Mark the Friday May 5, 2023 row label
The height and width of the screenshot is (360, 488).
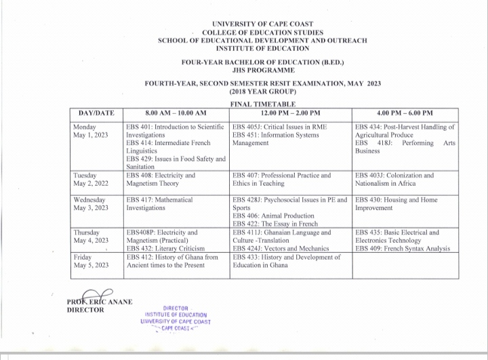90,261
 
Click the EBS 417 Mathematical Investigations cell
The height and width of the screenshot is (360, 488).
159,204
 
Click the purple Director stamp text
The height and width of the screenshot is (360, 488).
178,317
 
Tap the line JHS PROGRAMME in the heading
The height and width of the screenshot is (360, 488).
262,71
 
